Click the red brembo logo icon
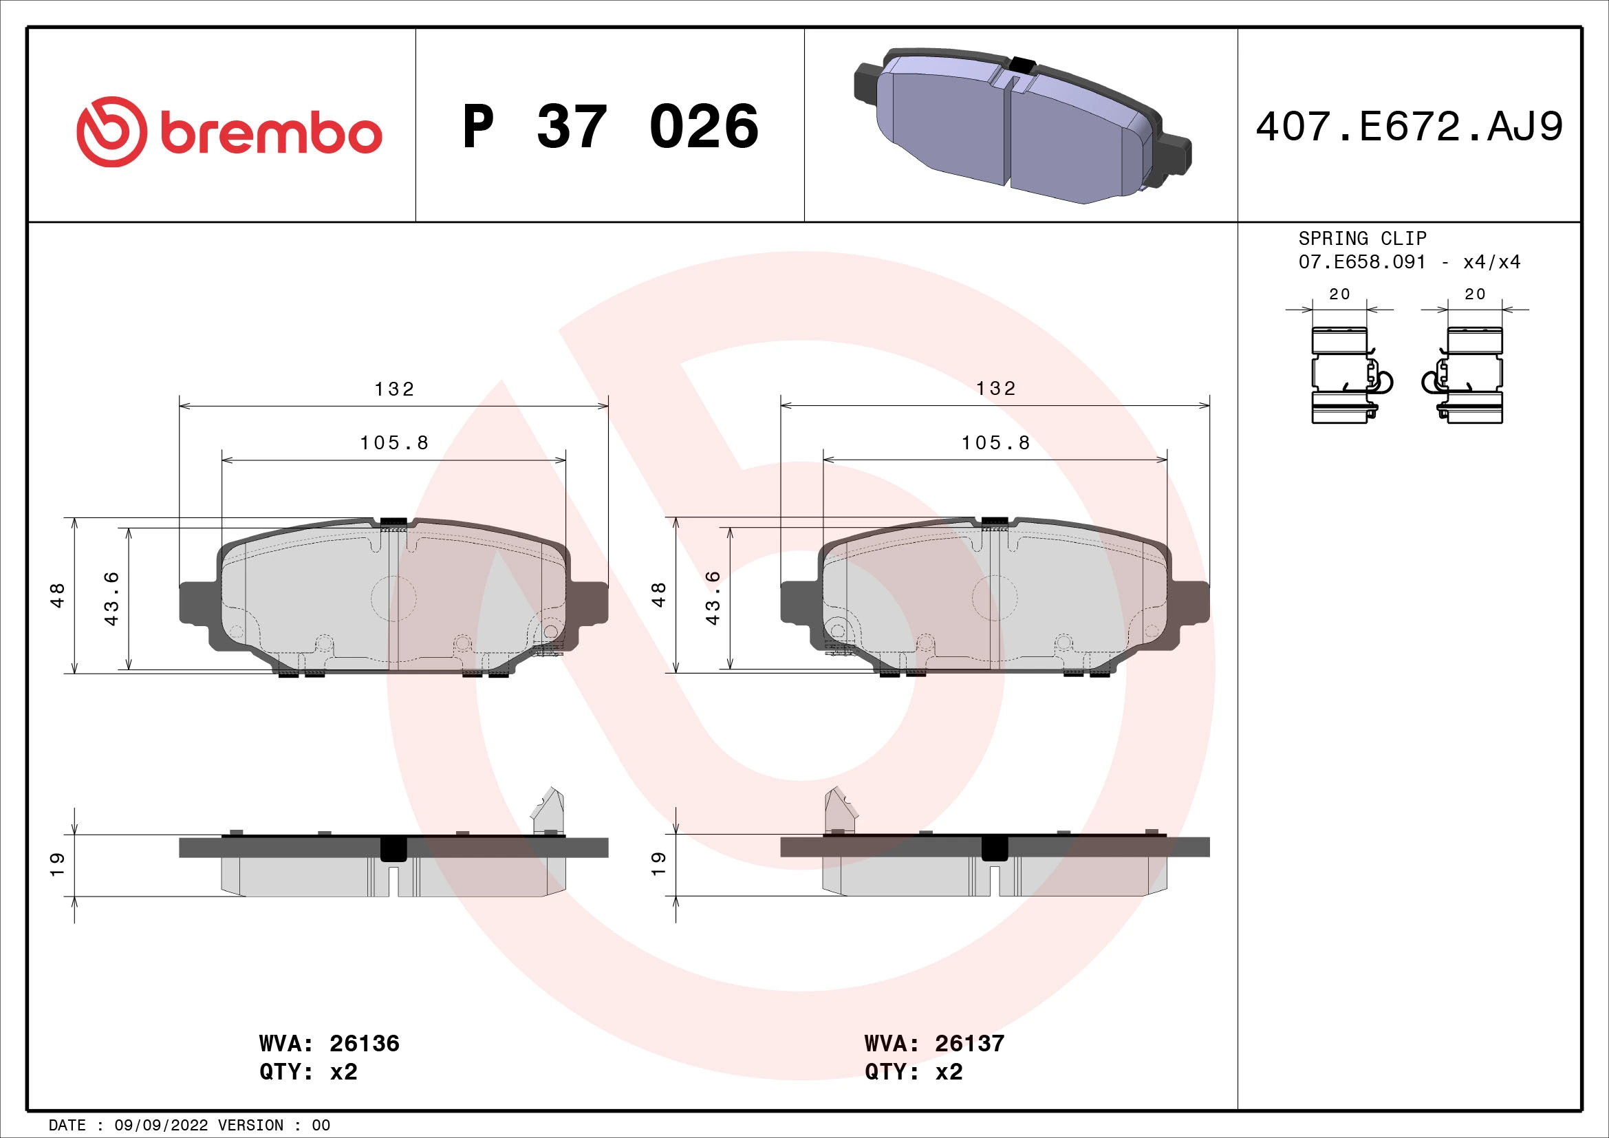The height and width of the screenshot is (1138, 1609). (112, 131)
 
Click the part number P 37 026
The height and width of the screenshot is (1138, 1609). (609, 127)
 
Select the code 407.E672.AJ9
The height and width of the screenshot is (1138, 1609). (1409, 127)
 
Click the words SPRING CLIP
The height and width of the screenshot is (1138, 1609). (1361, 238)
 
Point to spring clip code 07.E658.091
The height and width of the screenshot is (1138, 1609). (1361, 262)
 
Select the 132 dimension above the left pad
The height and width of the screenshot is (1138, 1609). (394, 389)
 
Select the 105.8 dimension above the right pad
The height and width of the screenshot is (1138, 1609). (995, 443)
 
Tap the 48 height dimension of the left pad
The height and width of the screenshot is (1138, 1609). (58, 595)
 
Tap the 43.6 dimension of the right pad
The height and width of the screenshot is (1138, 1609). (713, 598)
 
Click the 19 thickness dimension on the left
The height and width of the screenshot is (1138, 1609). (58, 863)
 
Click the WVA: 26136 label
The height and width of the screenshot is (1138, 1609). (329, 1044)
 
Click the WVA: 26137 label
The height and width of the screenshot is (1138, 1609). (934, 1044)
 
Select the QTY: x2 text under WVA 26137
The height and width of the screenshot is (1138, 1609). (913, 1072)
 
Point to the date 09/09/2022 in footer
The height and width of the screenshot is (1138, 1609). (161, 1126)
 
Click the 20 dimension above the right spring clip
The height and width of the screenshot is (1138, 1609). (1474, 294)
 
